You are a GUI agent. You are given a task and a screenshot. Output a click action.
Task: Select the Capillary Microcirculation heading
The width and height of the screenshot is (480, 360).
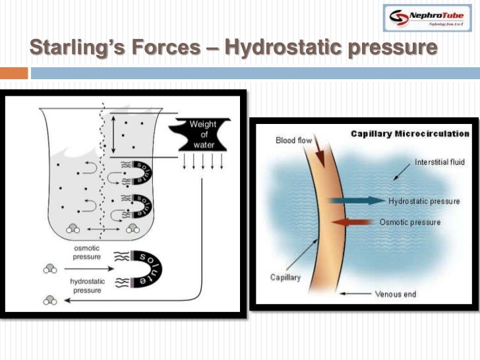click(409, 134)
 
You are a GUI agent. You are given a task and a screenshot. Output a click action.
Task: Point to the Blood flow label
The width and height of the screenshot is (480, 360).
click(293, 140)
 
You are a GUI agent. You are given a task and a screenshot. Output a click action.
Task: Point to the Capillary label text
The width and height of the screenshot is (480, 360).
click(285, 277)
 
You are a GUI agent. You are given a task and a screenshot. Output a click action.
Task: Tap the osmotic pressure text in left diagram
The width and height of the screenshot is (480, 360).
click(86, 253)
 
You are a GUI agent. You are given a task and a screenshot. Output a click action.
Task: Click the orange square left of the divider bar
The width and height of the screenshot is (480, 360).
click(14, 73)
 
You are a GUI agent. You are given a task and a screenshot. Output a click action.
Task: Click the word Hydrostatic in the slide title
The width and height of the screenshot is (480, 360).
click(280, 47)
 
